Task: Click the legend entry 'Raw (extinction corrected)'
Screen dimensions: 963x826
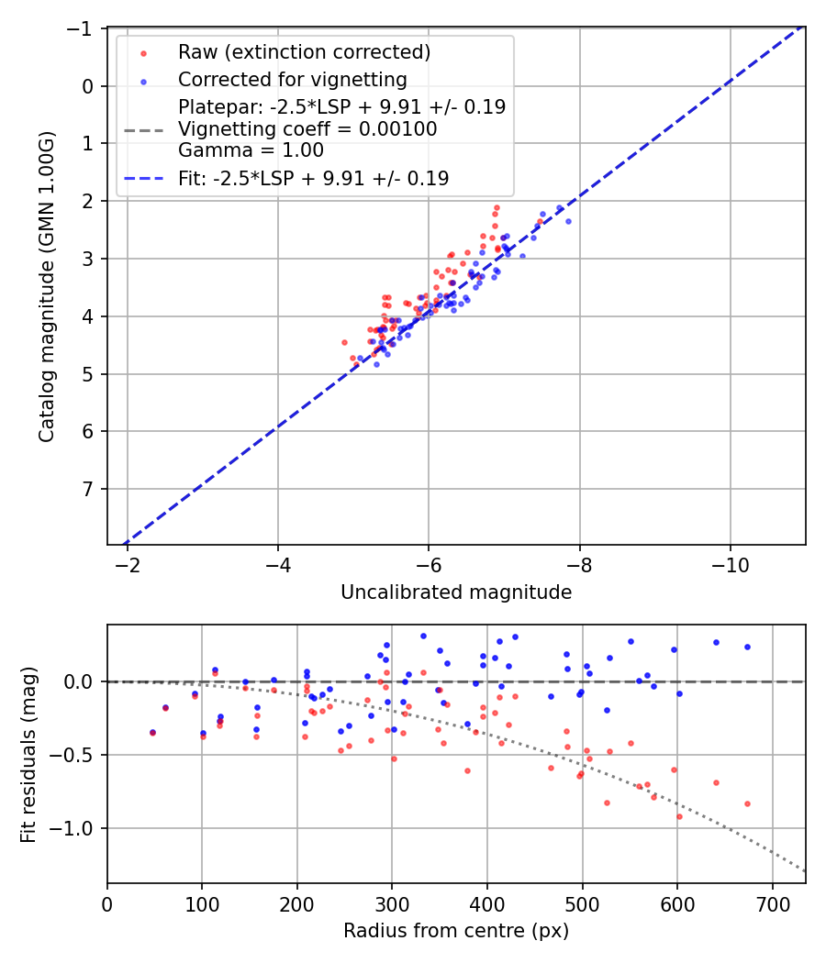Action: [x=304, y=51]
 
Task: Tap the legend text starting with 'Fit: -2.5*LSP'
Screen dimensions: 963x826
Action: [x=313, y=179]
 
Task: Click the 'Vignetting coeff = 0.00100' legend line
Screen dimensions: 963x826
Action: [x=307, y=129]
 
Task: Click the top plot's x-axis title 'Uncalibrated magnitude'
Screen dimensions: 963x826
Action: [x=456, y=592]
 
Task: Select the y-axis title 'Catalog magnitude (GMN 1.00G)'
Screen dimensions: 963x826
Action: [x=47, y=287]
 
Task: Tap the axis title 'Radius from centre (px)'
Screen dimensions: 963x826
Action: [x=456, y=931]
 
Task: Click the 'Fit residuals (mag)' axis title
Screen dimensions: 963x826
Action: [x=28, y=754]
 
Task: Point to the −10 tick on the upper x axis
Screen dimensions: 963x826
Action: [x=730, y=561]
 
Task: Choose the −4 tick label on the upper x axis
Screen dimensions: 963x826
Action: [x=278, y=561]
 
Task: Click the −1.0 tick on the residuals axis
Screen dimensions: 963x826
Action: [x=78, y=828]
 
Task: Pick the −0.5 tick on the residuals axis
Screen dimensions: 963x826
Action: [x=78, y=755]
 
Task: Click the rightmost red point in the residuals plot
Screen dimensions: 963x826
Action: [x=747, y=803]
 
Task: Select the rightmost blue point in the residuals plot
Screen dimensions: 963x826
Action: [x=747, y=647]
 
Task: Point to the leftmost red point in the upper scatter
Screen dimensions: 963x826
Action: [x=345, y=342]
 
